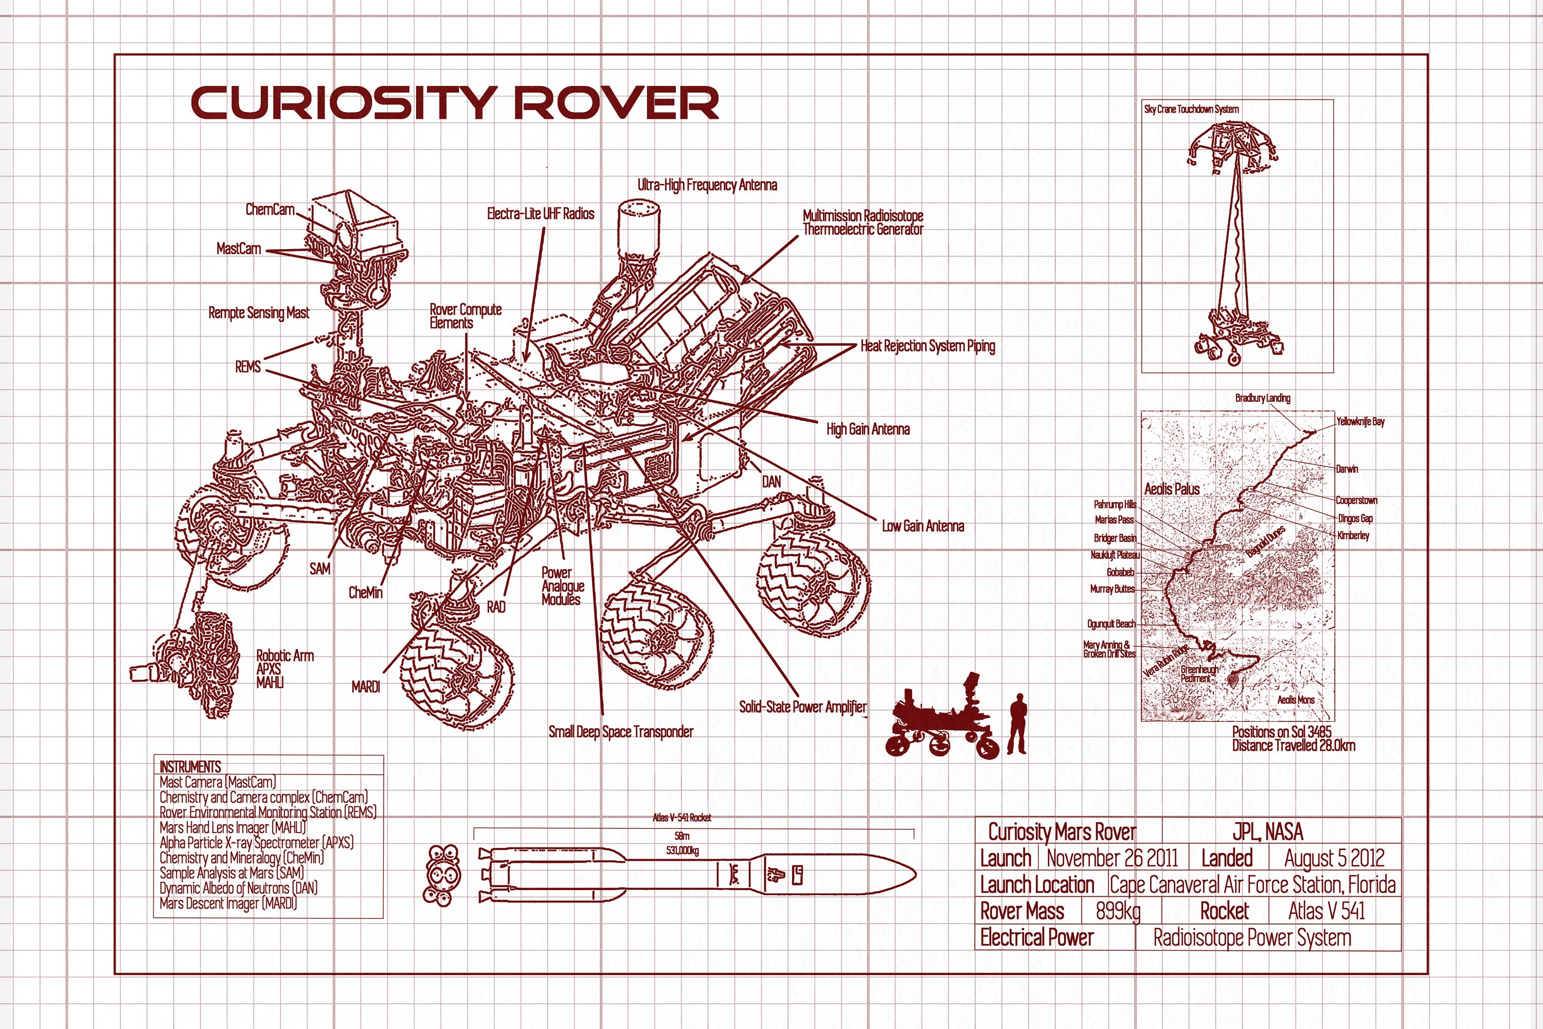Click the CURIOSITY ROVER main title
[x=455, y=103]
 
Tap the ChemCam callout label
[x=270, y=209]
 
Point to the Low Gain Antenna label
[x=922, y=526]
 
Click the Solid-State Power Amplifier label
[x=802, y=707]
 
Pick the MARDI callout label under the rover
[x=365, y=687]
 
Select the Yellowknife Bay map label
[x=1360, y=421]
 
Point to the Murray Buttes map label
[x=1112, y=589]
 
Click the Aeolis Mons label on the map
[x=1296, y=700]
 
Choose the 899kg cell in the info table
[x=1118, y=911]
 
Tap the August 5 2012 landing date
[x=1334, y=858]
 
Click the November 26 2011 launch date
[x=1112, y=858]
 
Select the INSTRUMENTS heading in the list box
[x=190, y=767]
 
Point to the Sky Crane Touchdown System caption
[x=1191, y=110]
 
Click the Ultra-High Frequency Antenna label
[x=707, y=185]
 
